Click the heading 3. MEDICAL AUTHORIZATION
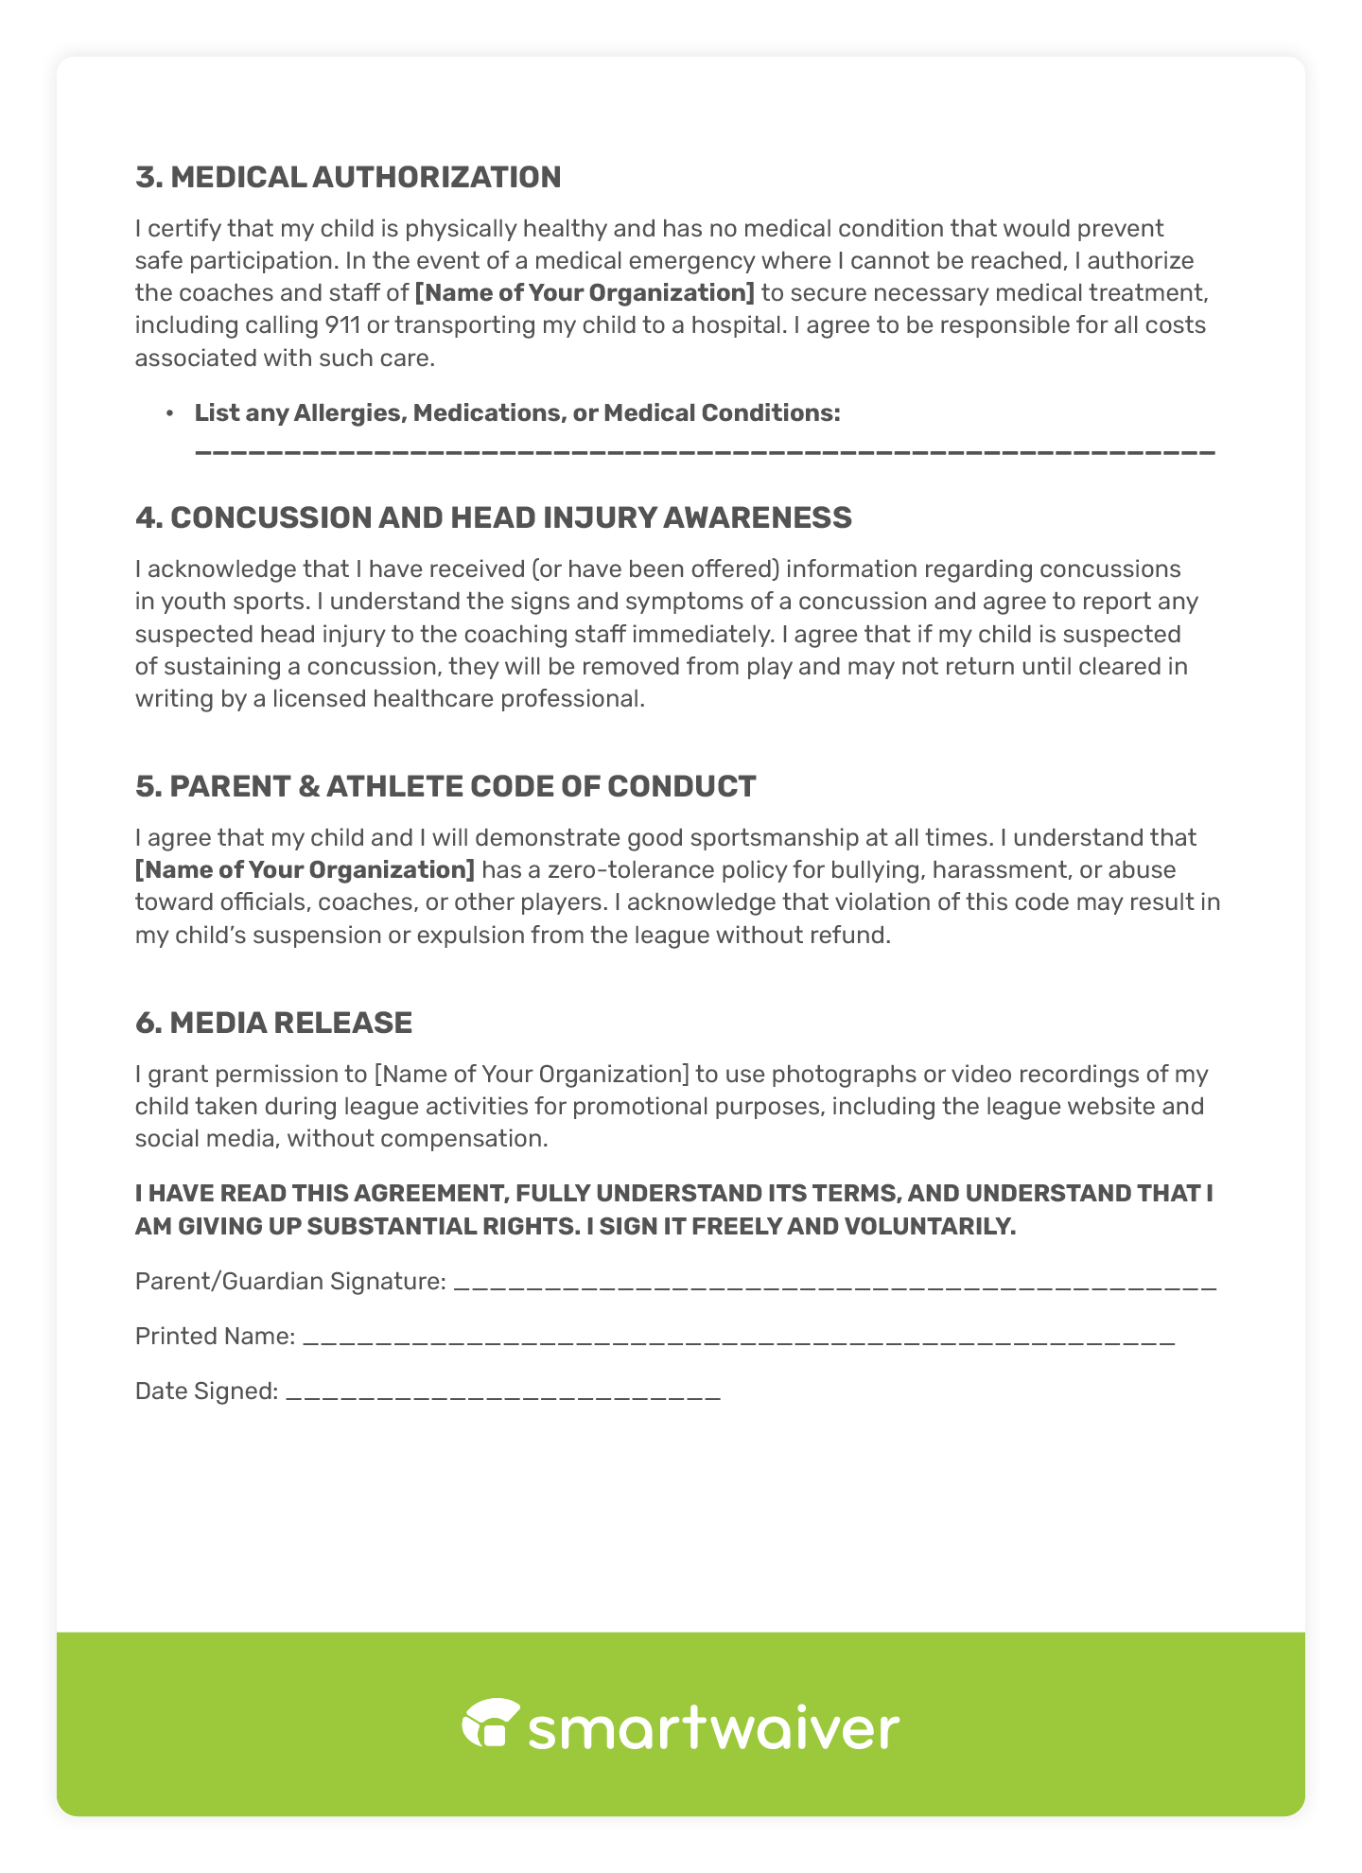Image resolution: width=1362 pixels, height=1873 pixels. pos(348,177)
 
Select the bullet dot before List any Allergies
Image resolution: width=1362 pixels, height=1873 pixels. pos(169,413)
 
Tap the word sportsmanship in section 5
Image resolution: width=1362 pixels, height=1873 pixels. pos(773,838)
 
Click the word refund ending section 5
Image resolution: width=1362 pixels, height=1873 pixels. pos(854,936)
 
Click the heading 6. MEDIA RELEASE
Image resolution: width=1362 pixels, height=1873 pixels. pos(273,1023)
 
